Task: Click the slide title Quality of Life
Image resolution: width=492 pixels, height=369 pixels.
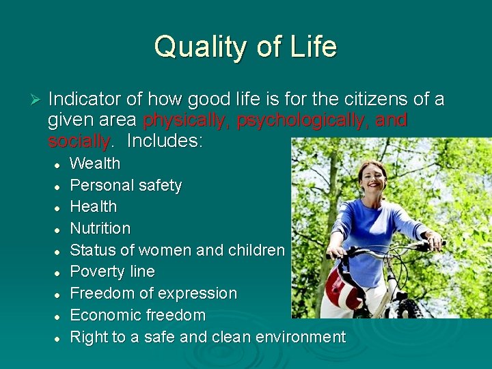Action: pos(245,47)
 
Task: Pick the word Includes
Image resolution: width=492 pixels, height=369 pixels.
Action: pos(165,142)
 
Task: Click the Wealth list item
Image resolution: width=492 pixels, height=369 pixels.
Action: pos(95,164)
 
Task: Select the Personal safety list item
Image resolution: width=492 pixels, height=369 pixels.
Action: pos(126,186)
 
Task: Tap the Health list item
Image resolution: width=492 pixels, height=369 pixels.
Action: pos(94,207)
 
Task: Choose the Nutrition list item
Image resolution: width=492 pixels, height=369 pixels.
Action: pos(100,229)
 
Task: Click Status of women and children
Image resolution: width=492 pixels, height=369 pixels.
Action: pos(177,250)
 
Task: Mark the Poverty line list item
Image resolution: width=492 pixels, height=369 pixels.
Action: pos(112,272)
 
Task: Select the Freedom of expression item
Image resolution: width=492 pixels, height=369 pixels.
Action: pos(153,294)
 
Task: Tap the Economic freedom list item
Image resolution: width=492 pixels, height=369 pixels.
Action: pos(137,316)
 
